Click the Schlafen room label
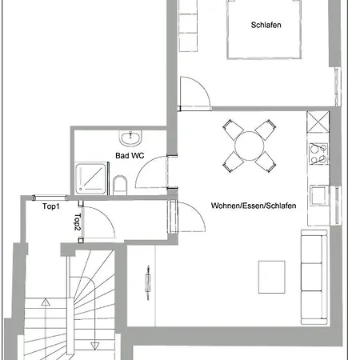[266, 25]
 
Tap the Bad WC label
[130, 155]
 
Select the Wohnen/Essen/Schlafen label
[254, 206]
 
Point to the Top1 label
[51, 206]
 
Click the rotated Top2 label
[78, 222]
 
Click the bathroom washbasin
[130, 138]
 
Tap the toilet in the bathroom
[120, 185]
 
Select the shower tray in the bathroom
[90, 178]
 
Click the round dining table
[249, 146]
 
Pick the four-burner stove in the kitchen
[318, 154]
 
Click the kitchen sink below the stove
[318, 196]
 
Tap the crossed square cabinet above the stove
[318, 122]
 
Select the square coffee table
[272, 277]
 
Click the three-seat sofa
[314, 277]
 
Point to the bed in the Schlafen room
[264, 29]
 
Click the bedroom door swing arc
[202, 86]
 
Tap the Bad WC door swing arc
[144, 166]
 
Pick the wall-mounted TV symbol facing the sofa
[148, 282]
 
